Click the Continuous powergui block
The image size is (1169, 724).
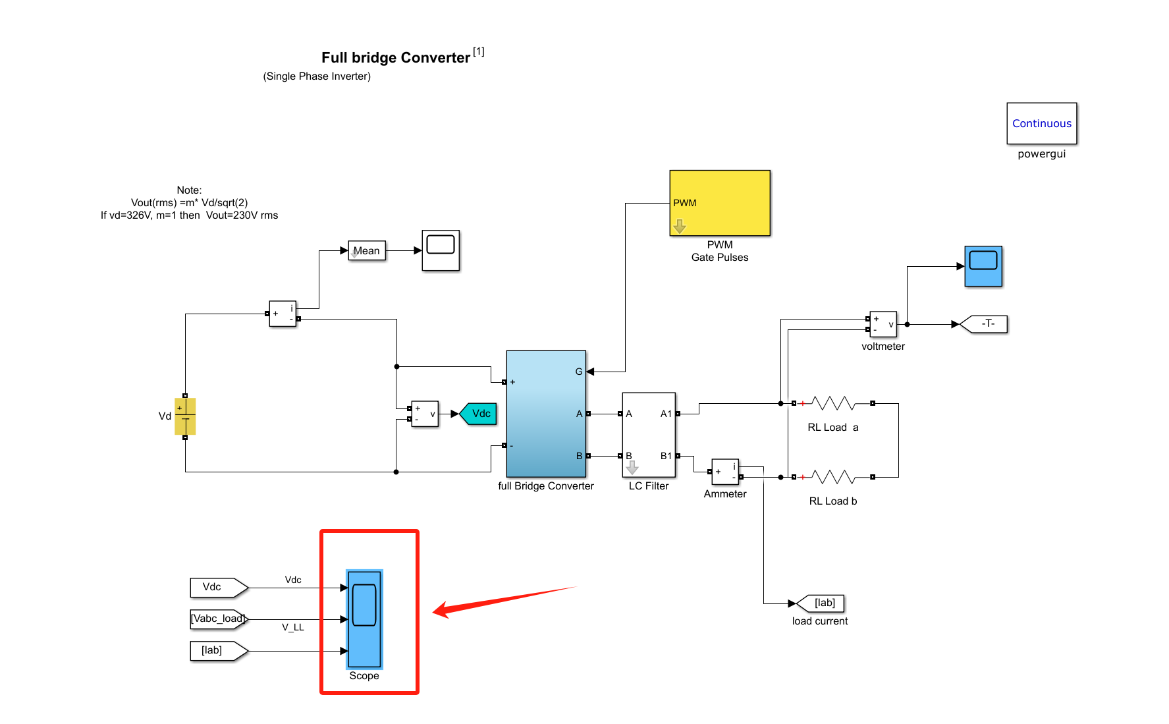coord(1041,123)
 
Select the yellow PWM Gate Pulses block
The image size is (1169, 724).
coord(719,203)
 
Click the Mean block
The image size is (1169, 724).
coord(367,250)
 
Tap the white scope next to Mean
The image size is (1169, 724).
coord(441,250)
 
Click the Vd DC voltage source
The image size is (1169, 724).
coord(185,416)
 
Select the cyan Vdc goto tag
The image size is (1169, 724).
coord(479,414)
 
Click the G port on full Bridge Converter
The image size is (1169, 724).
coord(580,372)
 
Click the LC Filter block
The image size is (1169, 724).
coord(649,435)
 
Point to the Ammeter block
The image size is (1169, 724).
coord(725,472)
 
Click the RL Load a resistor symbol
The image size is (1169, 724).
coord(833,403)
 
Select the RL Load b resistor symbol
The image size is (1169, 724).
coord(833,477)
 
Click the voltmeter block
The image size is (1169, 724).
coord(883,324)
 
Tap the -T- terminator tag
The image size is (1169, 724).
coord(986,324)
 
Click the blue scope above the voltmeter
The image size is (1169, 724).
coord(983,266)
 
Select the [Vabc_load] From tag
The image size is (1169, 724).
coord(217,619)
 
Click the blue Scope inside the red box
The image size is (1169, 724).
coord(364,619)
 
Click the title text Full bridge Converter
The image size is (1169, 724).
coord(396,58)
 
